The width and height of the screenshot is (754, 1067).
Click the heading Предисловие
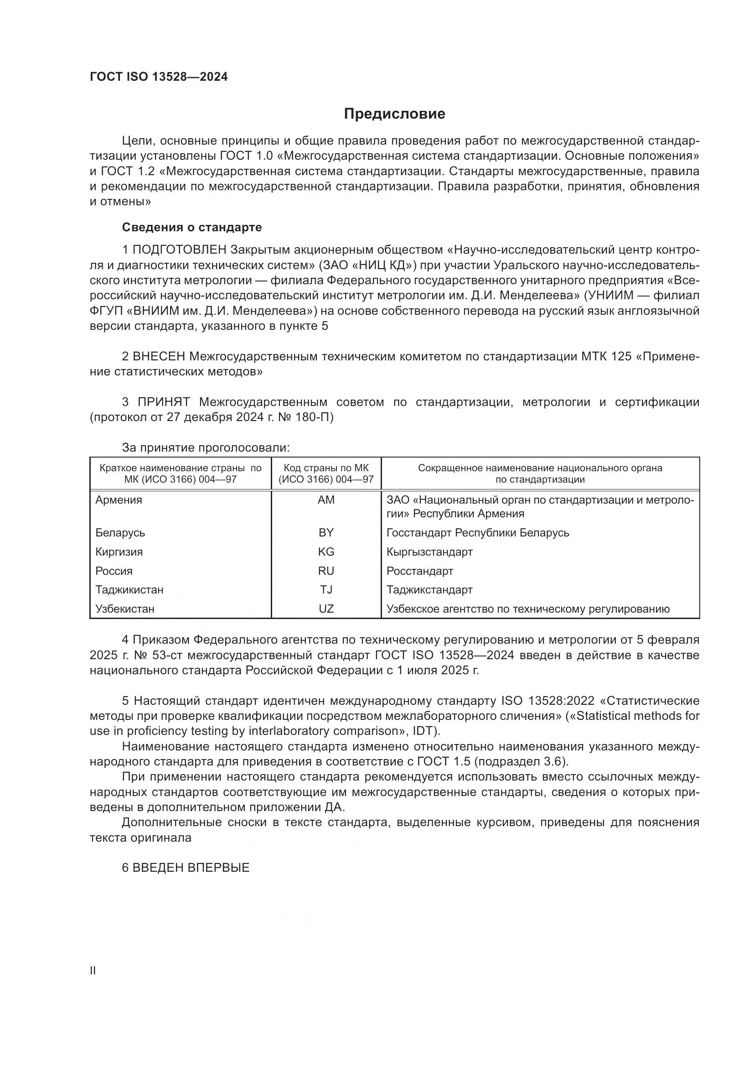(394, 114)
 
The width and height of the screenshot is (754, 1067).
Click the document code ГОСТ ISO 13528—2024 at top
(158, 77)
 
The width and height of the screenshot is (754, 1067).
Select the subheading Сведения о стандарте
(192, 227)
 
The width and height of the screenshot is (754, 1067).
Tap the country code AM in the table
(326, 500)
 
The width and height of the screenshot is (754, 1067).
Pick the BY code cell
(326, 532)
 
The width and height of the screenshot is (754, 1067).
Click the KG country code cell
(326, 552)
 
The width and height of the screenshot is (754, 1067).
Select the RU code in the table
(326, 571)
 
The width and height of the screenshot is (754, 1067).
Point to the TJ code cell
(326, 590)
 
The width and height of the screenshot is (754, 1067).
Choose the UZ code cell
(326, 609)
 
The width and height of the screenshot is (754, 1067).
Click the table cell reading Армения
(119, 500)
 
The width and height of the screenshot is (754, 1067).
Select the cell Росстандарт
(420, 571)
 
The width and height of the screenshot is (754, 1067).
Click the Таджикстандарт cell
(429, 590)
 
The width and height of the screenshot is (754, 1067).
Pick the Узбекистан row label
(125, 609)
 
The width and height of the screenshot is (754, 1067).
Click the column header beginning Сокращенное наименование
(540, 474)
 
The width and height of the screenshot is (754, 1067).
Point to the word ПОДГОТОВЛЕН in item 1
(179, 250)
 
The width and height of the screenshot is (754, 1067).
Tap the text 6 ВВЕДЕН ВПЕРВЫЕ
(186, 868)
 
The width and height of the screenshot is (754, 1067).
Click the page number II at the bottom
(93, 971)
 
